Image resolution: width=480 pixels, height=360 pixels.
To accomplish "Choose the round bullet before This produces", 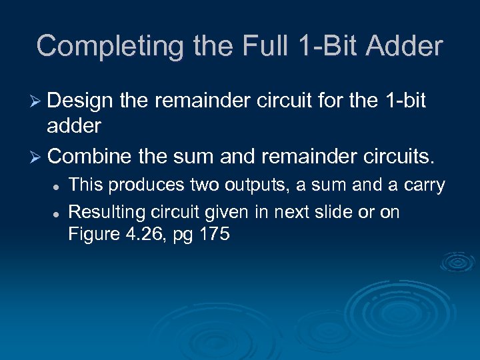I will pos(59,186).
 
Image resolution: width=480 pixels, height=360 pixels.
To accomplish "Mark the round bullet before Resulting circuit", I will pos(59,213).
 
